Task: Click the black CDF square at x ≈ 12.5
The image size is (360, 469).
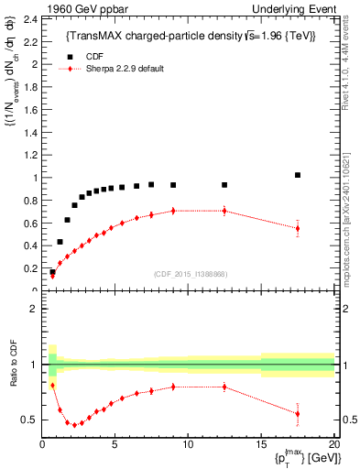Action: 224,185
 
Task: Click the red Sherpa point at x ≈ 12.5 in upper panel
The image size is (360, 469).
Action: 224,211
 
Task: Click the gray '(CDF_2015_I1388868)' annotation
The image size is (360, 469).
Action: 190,272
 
